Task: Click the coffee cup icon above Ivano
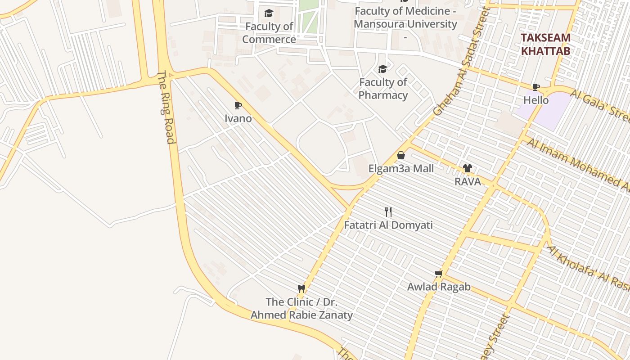pyautogui.click(x=238, y=106)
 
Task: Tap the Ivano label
pyautogui.click(x=238, y=119)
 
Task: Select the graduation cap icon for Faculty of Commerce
pyautogui.click(x=269, y=13)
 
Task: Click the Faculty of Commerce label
pyautogui.click(x=269, y=33)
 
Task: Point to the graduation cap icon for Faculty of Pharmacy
pyautogui.click(x=382, y=69)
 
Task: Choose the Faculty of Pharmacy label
pyautogui.click(x=383, y=89)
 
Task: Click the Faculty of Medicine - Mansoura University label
pyautogui.click(x=405, y=18)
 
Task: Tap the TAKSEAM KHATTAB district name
pyautogui.click(x=546, y=44)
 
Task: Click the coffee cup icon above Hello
pyautogui.click(x=535, y=87)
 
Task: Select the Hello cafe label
pyautogui.click(x=536, y=100)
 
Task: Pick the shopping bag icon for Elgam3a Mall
pyautogui.click(x=401, y=156)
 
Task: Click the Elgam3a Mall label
pyautogui.click(x=401, y=169)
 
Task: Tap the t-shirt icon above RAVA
pyautogui.click(x=467, y=169)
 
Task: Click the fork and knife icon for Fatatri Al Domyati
pyautogui.click(x=388, y=212)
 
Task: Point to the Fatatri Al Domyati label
pyautogui.click(x=388, y=225)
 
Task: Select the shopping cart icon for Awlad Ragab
pyautogui.click(x=439, y=274)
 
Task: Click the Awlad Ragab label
pyautogui.click(x=439, y=287)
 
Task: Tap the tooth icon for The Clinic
pyautogui.click(x=301, y=288)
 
